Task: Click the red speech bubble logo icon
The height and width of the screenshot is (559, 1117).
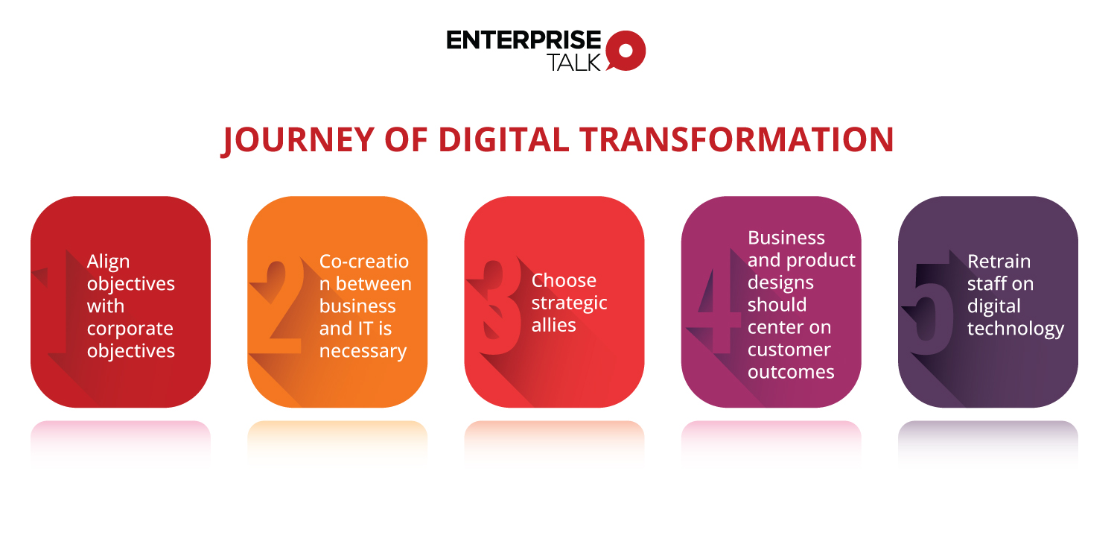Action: pos(626,50)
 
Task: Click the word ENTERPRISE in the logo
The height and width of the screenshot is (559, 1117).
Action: pos(524,40)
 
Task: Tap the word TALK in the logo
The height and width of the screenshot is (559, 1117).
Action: pos(573,63)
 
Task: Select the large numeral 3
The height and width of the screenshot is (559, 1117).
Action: pos(494,307)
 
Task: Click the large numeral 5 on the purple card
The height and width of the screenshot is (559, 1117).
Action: pos(929,306)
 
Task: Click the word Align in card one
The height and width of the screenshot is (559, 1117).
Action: pos(108,262)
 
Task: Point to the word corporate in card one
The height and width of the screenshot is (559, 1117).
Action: pos(130,329)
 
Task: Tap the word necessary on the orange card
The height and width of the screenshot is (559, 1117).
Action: pos(363,351)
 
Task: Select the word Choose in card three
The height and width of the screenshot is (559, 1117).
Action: pos(564,280)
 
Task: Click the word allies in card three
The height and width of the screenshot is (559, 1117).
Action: pos(553,325)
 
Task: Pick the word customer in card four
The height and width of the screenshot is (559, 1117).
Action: pos(789,350)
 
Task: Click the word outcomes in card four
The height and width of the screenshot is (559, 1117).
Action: pos(791,372)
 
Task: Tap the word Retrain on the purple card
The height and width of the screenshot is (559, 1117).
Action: pos(999,262)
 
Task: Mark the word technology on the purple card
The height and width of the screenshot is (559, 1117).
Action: pos(1015,329)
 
